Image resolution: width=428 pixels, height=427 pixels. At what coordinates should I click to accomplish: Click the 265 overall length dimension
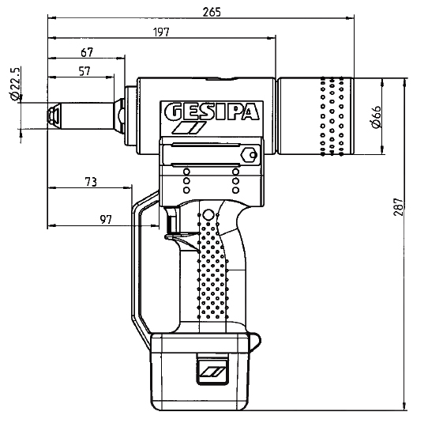click(212, 12)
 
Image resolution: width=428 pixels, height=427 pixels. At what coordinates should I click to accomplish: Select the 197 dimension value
click(161, 32)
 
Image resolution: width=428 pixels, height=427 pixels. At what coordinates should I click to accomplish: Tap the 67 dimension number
click(87, 52)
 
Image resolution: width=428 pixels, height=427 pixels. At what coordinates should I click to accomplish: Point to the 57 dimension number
click(84, 71)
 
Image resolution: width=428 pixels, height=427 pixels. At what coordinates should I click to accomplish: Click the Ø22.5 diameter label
click(15, 84)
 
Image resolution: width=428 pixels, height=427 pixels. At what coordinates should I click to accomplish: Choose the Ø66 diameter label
click(377, 117)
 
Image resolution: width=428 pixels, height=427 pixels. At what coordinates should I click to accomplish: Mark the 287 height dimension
click(398, 206)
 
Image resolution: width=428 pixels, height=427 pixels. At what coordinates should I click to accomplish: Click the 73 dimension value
click(91, 182)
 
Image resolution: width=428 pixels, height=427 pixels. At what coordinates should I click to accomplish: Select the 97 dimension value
click(106, 219)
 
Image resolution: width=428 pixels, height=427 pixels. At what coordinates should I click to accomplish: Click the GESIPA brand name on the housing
click(212, 111)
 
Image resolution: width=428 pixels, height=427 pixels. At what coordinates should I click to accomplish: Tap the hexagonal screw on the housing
click(250, 155)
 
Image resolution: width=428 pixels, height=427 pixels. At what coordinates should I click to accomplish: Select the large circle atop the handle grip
click(208, 215)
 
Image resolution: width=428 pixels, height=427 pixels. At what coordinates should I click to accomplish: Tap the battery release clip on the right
click(254, 342)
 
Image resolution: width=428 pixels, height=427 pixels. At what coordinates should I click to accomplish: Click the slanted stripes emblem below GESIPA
click(190, 128)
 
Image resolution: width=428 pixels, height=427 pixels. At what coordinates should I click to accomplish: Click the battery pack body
click(200, 372)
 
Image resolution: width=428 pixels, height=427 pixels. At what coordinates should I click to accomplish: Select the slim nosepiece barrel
click(87, 116)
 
